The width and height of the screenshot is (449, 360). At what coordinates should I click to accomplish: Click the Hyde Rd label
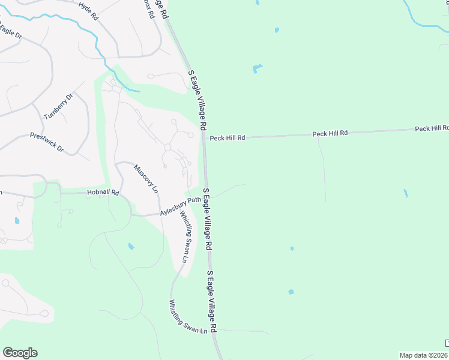[88, 11]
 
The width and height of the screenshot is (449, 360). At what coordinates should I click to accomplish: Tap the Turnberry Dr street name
[58, 106]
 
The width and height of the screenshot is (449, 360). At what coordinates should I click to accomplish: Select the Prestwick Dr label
[47, 142]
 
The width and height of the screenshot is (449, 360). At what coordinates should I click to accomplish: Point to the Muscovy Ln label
[146, 178]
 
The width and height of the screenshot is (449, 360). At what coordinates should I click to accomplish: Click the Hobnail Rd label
[103, 193]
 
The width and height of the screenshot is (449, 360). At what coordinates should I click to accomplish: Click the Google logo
[20, 353]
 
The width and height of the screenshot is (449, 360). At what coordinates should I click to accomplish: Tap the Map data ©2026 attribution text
[424, 355]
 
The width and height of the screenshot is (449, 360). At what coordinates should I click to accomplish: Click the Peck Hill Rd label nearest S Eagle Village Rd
[228, 138]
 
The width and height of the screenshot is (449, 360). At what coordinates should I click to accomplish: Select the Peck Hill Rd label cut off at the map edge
[432, 128]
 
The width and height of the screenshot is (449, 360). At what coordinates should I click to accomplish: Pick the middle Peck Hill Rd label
[330, 133]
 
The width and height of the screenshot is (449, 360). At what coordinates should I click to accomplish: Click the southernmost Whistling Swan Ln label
[188, 317]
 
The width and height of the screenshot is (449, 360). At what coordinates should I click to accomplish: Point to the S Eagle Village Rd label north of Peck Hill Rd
[198, 100]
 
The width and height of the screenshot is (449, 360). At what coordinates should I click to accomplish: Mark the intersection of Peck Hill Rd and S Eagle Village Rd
[204, 139]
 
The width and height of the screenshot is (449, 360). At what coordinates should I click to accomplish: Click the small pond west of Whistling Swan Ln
[131, 246]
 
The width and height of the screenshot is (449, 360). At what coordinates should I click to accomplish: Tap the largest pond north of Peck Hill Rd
[258, 68]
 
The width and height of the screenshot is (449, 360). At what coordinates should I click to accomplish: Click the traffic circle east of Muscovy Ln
[167, 147]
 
